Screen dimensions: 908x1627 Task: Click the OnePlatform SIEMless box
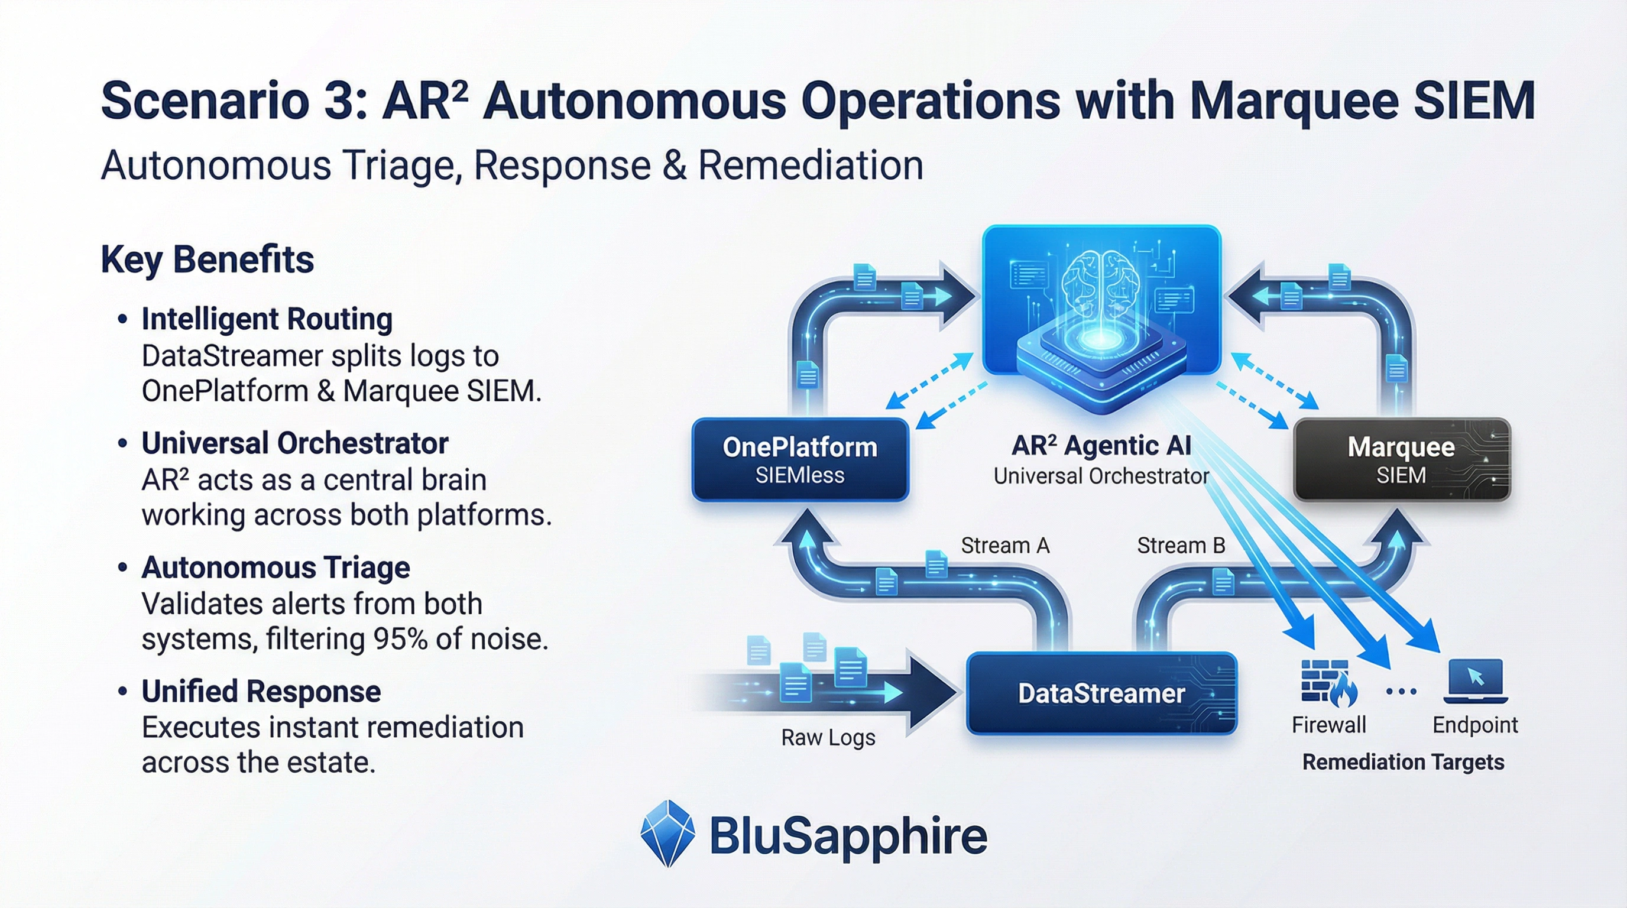point(799,460)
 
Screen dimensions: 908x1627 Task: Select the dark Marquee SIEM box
point(1401,460)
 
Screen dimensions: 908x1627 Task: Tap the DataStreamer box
point(1101,693)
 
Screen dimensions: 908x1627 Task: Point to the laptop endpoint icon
point(1476,680)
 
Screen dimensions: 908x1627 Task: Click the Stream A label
point(1005,546)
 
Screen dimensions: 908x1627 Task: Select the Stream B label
point(1181,546)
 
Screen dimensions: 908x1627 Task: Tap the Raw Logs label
point(828,738)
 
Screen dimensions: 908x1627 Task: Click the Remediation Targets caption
point(1403,762)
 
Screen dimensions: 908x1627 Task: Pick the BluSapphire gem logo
point(667,834)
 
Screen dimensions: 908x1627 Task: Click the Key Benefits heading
point(207,260)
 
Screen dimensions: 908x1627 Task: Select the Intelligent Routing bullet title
point(267,319)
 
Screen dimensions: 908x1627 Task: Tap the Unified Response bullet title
point(261,692)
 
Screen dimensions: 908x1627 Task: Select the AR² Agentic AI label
point(1101,446)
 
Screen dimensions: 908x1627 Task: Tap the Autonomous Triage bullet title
point(276,567)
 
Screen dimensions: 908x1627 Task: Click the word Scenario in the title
point(205,101)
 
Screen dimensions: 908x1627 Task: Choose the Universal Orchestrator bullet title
point(294,443)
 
